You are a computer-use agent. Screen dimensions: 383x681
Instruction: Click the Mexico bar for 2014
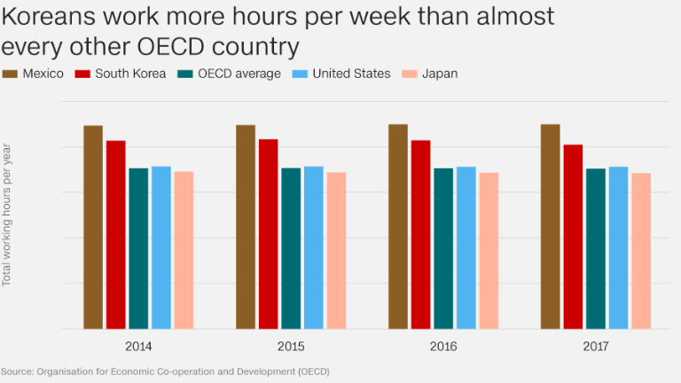click(93, 227)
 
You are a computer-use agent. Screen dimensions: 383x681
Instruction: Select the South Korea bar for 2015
click(268, 234)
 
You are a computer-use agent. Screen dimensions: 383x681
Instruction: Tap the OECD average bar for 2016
click(443, 248)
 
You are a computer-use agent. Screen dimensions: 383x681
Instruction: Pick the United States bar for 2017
click(618, 247)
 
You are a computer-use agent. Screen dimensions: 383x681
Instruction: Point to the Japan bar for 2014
click(184, 250)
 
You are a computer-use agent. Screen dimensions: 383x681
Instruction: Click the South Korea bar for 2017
click(573, 237)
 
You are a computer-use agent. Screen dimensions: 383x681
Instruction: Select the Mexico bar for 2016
click(398, 226)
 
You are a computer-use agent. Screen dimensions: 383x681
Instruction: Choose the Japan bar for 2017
click(641, 251)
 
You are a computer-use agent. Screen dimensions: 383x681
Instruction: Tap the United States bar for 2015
click(313, 247)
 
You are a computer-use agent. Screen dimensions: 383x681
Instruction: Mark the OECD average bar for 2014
click(138, 248)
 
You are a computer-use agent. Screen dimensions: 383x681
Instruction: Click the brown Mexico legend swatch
click(11, 74)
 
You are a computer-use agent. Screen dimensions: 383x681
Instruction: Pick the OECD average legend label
click(239, 74)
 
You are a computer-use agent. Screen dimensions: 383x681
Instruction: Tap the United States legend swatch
click(304, 74)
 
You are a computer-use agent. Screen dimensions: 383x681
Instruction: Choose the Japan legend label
click(440, 74)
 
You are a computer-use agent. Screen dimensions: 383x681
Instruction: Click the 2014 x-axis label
click(138, 345)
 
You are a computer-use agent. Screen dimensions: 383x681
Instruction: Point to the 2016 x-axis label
click(443, 345)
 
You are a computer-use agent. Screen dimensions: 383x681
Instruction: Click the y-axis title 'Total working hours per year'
click(7, 214)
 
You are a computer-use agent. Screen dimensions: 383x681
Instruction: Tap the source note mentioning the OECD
click(164, 371)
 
